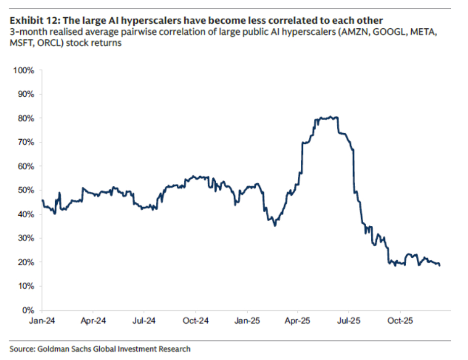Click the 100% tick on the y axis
[x=24, y=70]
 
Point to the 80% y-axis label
[x=26, y=118]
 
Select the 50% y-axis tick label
[x=26, y=190]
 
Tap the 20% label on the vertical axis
[x=26, y=262]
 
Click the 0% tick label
[x=28, y=310]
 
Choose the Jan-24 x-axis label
[x=42, y=321]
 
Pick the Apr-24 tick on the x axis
[x=93, y=321]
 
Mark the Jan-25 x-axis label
[x=247, y=321]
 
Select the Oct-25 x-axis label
[x=400, y=321]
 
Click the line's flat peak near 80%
[x=326, y=117]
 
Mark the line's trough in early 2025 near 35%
[x=275, y=225]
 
